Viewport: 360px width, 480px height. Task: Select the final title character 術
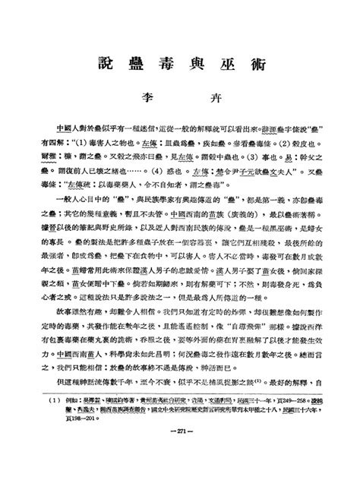pos(257,65)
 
